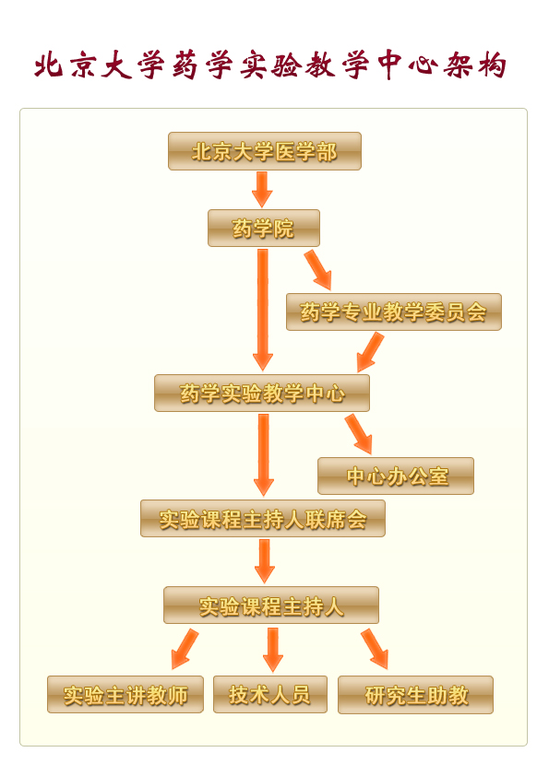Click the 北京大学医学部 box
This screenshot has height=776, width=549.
(x=265, y=151)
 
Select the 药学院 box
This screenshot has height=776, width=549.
(x=264, y=229)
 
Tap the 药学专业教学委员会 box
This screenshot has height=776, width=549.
(x=394, y=312)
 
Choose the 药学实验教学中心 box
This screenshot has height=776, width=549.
(x=262, y=393)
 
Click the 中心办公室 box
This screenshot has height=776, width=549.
(x=396, y=476)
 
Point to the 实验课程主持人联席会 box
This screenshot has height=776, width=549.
(x=263, y=519)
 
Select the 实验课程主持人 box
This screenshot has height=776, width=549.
(x=271, y=606)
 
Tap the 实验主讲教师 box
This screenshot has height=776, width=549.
(x=125, y=694)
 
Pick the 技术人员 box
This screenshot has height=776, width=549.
(x=270, y=694)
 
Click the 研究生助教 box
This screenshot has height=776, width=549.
(x=416, y=695)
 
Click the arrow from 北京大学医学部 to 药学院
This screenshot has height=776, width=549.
(x=262, y=190)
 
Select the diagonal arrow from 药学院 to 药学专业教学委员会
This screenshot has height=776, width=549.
(x=318, y=270)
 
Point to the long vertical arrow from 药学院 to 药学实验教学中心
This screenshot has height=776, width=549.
(x=263, y=310)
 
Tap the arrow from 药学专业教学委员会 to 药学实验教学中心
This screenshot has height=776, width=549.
(x=370, y=352)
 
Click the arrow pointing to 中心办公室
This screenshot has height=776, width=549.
(x=359, y=434)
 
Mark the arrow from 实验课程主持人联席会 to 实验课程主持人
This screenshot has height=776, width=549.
(x=265, y=561)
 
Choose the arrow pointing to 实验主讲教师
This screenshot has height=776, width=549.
(x=185, y=649)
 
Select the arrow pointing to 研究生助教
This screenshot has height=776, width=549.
(x=375, y=649)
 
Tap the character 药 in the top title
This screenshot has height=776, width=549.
(x=185, y=65)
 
